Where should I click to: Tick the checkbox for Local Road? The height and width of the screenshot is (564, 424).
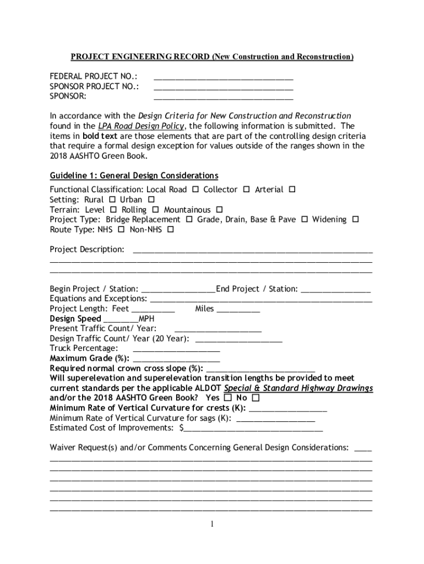tap(195, 189)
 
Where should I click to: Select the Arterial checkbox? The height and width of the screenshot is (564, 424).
tap(292, 189)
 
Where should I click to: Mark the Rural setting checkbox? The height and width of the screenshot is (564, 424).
tap(112, 199)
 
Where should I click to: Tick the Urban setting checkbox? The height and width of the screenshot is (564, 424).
tap(151, 199)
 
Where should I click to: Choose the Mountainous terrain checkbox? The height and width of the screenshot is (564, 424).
tap(219, 210)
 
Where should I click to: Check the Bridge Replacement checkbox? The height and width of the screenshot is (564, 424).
tap(189, 220)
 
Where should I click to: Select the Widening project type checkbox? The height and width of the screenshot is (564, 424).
tap(355, 220)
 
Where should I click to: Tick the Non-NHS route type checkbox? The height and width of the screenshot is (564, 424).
tap(170, 230)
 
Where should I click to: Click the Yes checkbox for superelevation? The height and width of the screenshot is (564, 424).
tap(228, 398)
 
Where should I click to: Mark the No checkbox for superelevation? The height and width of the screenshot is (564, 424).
tap(256, 398)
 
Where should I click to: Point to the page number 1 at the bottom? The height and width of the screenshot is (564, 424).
tap(212, 524)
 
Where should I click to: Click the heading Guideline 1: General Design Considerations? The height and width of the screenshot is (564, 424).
tap(134, 176)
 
